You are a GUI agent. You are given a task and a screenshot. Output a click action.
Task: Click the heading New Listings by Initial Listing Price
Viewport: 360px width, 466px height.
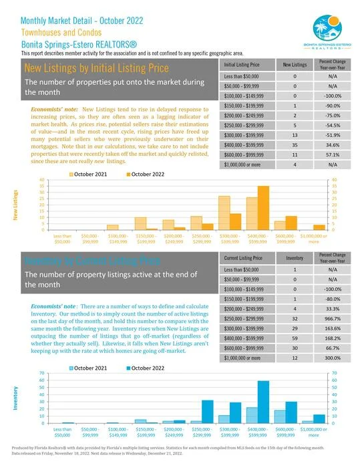point(96,68)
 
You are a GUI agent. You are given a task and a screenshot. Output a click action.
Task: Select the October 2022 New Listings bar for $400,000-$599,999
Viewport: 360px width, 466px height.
point(262,208)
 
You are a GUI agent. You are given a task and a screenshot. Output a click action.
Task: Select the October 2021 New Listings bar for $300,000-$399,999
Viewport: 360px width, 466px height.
point(224,213)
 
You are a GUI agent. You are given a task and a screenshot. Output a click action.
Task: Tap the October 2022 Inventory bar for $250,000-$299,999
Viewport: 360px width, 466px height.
point(207,411)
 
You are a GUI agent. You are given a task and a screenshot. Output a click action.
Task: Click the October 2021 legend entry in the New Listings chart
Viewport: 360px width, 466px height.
point(91,174)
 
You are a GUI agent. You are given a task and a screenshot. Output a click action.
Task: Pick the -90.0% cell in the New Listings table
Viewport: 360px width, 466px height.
point(326,106)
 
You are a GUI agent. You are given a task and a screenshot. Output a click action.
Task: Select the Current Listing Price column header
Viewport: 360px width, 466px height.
point(246,257)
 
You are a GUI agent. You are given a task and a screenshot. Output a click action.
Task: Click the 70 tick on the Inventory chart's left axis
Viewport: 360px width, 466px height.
point(24,372)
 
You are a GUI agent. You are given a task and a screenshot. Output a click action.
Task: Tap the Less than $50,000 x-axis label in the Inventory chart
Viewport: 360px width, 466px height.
point(62,431)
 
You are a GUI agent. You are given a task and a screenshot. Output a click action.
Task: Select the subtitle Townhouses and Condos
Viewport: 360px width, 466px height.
point(61,31)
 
